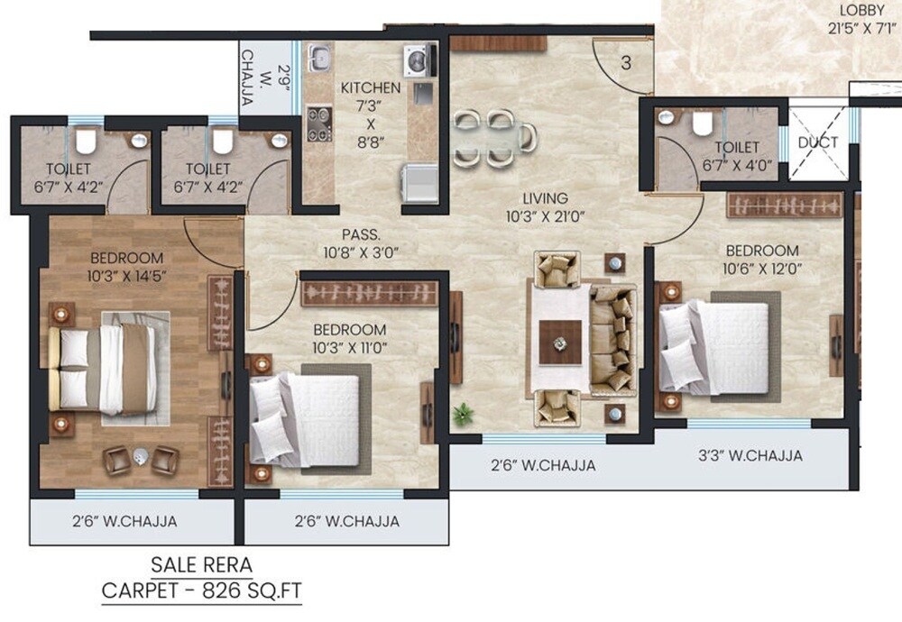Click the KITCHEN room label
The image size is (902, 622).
370,88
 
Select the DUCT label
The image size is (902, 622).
818,142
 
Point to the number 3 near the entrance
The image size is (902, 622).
626,64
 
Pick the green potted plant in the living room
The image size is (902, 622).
464,414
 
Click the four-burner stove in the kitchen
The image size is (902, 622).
318,123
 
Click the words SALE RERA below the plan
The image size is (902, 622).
202,566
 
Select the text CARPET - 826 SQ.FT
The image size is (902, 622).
202,591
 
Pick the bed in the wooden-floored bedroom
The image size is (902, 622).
106,368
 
